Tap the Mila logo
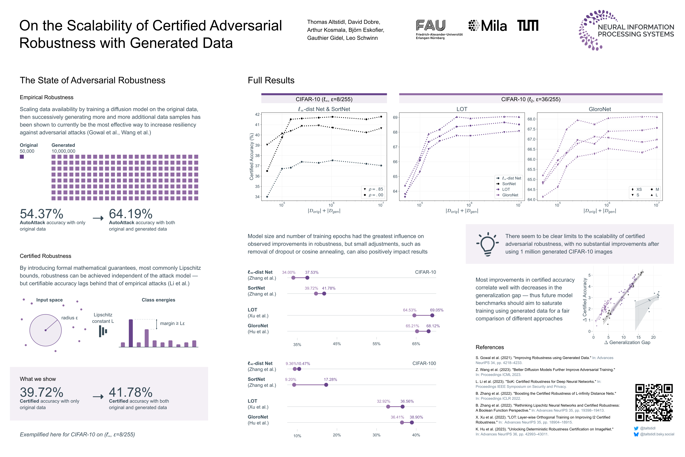tap(488, 26)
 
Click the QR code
tap(654, 403)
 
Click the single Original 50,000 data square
tap(22, 157)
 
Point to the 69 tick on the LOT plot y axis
tap(395, 117)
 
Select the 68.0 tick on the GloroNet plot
tap(532, 119)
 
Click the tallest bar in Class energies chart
tap(131, 333)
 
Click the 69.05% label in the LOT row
tap(437, 310)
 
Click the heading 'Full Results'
tap(271, 80)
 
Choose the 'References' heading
tap(490, 347)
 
